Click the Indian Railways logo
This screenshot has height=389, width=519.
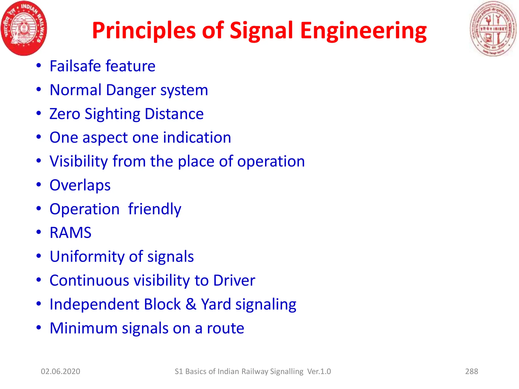(24, 28)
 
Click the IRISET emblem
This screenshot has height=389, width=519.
(493, 28)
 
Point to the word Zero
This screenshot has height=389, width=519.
(65, 114)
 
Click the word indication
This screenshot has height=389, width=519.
(197, 138)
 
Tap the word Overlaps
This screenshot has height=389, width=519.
(80, 185)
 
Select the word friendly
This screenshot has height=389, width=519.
(155, 209)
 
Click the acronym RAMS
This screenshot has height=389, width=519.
(70, 233)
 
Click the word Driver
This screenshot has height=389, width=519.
(234, 280)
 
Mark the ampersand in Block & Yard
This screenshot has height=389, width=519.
(191, 304)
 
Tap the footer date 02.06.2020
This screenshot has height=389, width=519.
(61, 371)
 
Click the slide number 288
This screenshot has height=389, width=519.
(471, 371)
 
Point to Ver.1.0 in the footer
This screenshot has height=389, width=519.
(319, 371)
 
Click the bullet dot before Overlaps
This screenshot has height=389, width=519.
(39, 185)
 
